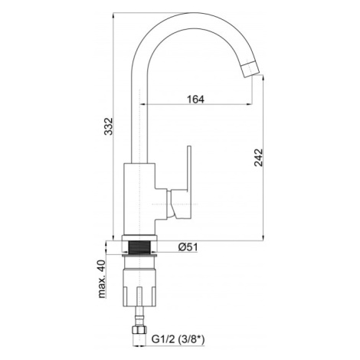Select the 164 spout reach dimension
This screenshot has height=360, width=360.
196,100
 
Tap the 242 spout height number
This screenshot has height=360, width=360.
258,158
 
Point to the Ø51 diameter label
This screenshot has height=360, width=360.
188,247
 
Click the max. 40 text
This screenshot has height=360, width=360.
102,279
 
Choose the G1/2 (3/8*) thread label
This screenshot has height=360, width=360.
178,339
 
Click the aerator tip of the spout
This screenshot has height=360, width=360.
250,69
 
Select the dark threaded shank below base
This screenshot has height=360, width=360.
139,247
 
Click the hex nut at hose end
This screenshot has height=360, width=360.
139,330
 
